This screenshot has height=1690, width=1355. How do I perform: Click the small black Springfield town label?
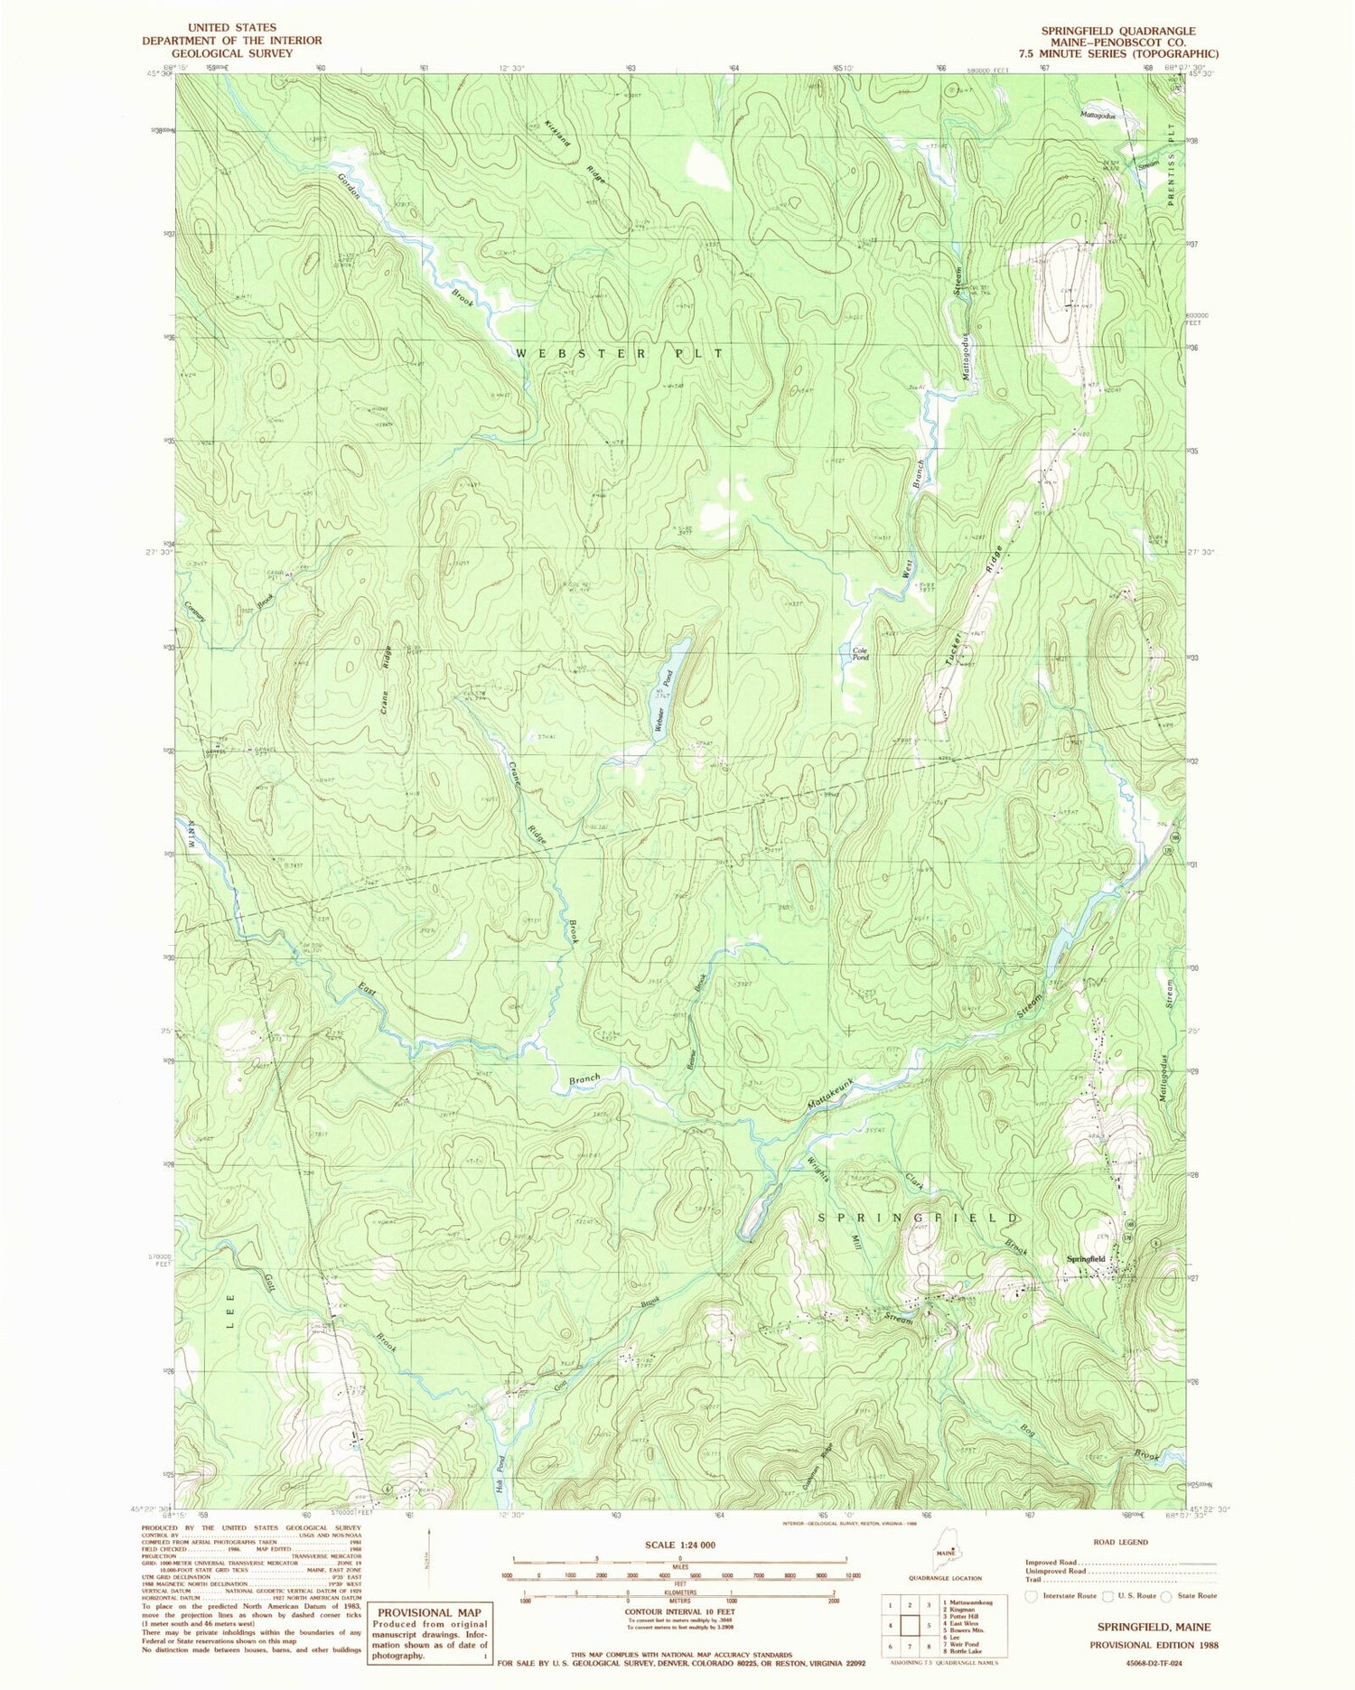pos(1085,1259)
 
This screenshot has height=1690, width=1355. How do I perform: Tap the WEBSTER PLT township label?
pos(620,353)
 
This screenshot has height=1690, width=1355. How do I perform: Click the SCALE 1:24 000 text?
pos(677,1545)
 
